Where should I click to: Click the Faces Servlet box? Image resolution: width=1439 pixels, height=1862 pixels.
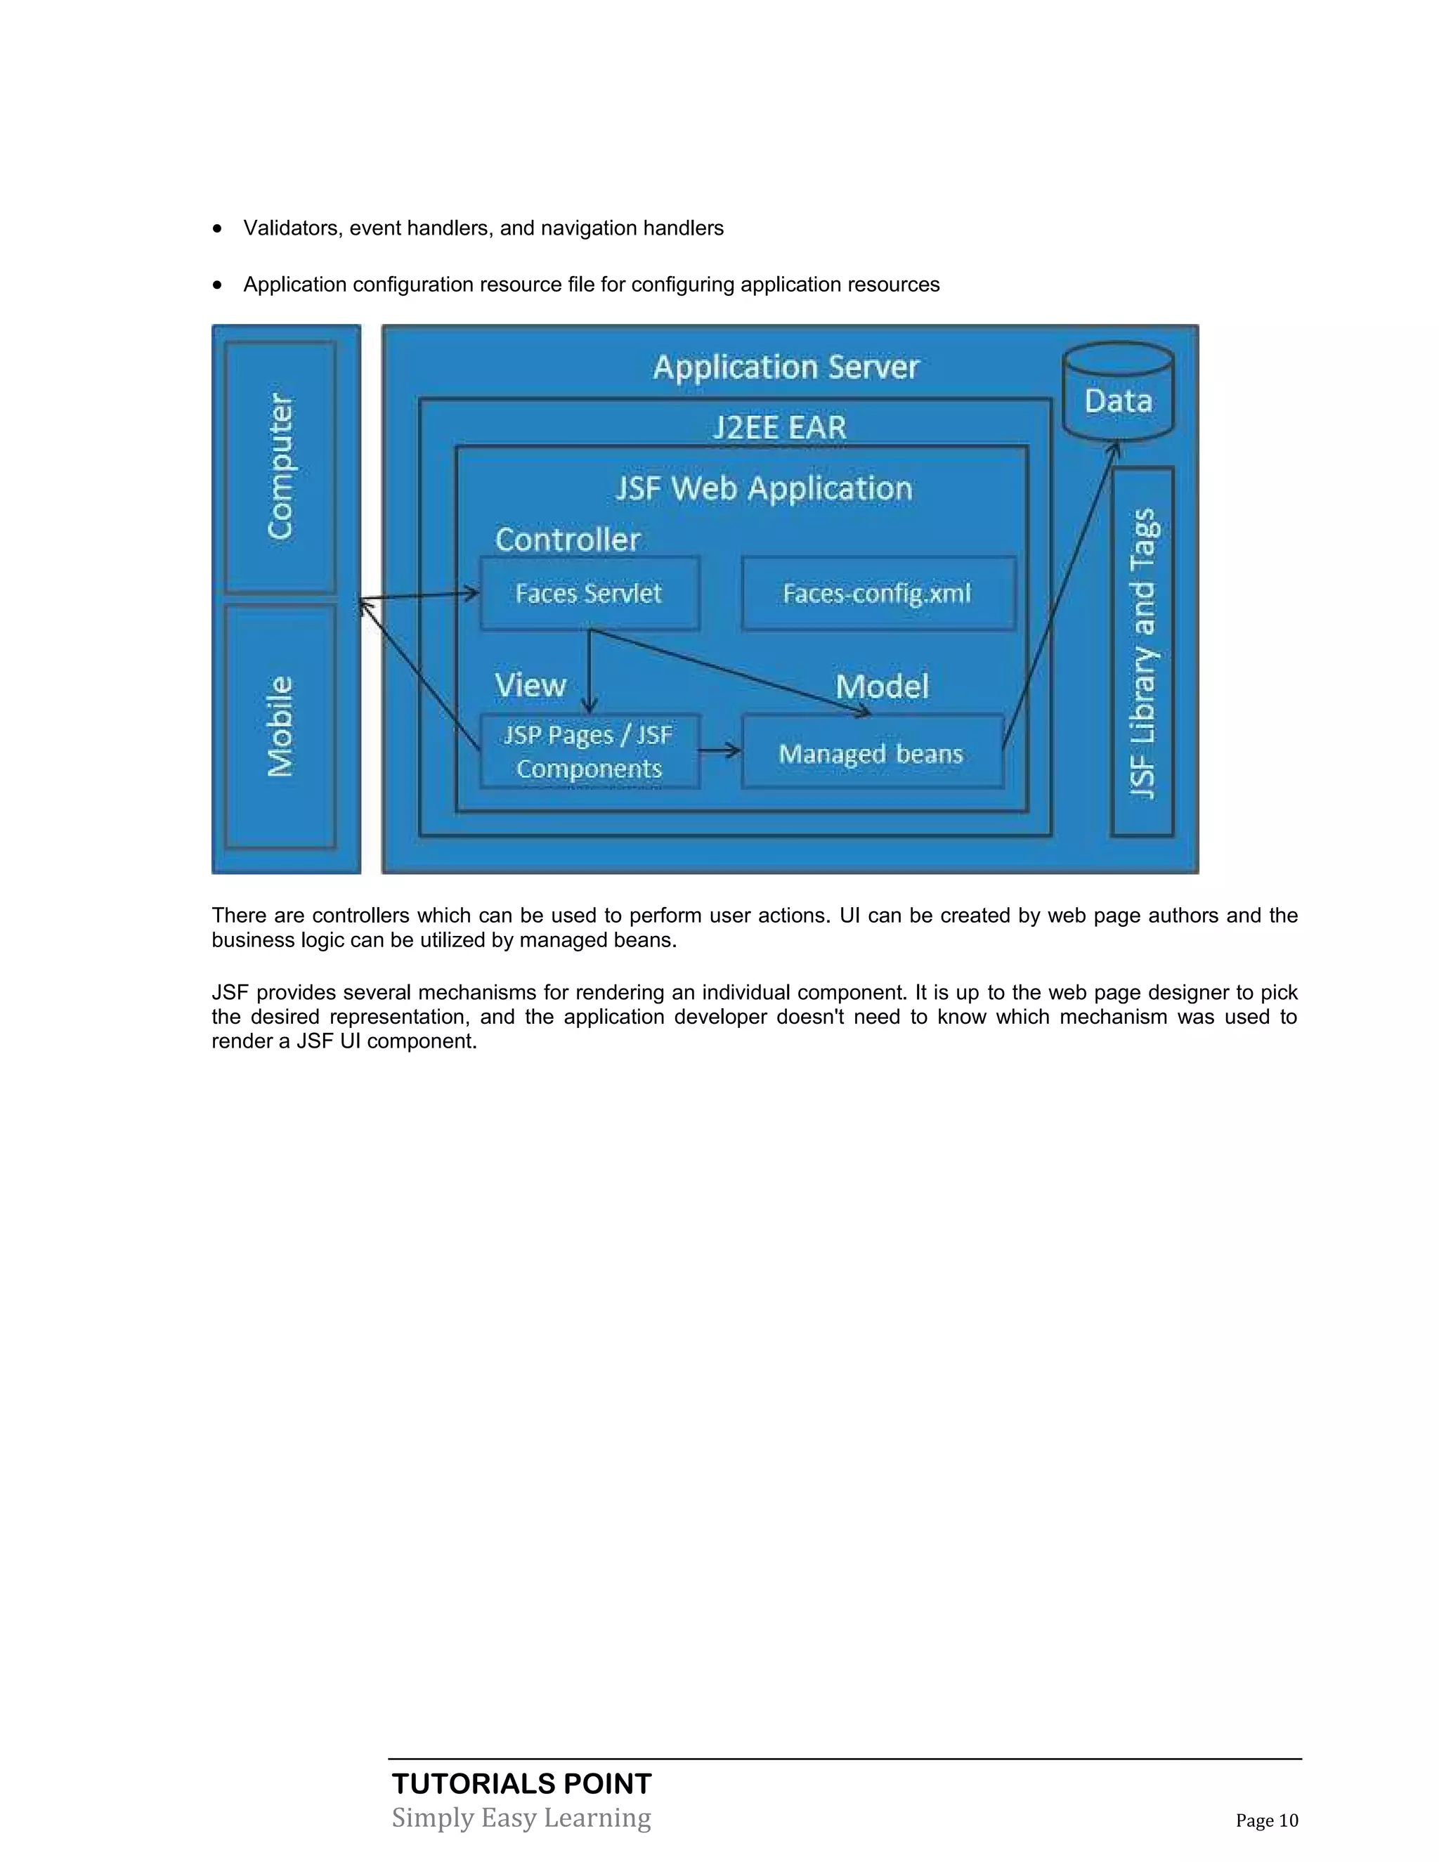[x=589, y=594]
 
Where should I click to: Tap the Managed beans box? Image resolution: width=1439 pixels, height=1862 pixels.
[x=871, y=752]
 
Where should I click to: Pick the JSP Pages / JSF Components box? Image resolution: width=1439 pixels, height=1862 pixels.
[x=589, y=751]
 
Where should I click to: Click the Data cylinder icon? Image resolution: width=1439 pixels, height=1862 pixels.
[x=1118, y=392]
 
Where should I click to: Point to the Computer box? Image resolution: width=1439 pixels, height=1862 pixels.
[x=280, y=467]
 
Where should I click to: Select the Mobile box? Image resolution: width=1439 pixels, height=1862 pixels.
[x=280, y=727]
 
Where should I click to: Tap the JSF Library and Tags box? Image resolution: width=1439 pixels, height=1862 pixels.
[x=1142, y=652]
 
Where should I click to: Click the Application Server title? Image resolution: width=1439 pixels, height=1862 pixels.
[x=786, y=367]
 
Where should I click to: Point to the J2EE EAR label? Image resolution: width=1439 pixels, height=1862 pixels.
[x=779, y=427]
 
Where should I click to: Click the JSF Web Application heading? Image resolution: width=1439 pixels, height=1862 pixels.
[x=764, y=488]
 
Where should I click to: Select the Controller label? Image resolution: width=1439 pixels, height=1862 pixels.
[x=568, y=540]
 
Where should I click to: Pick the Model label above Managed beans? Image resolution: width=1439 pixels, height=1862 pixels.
[x=882, y=686]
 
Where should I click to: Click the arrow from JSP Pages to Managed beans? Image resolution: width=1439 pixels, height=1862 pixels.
[x=719, y=751]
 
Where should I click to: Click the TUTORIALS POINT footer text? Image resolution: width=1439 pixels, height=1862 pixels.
[x=522, y=1783]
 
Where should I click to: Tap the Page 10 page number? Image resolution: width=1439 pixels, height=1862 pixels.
[x=1267, y=1821]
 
